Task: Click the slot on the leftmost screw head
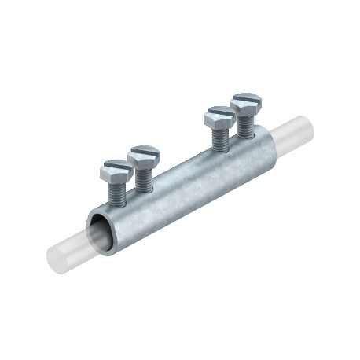116,166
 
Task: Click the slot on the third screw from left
218,115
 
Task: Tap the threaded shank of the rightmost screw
245,123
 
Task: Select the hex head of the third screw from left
218,119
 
